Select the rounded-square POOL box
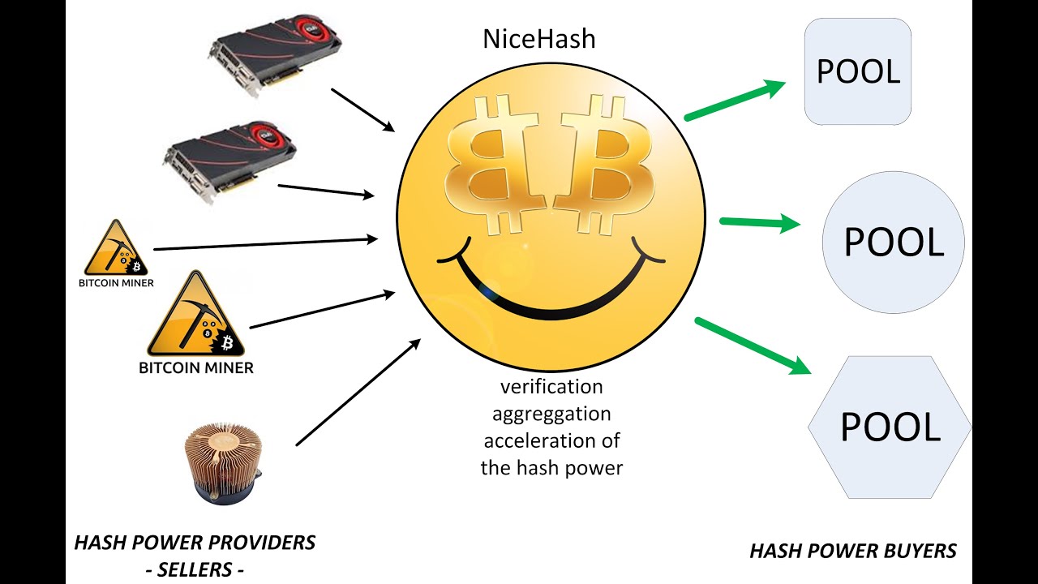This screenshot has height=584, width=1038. [x=858, y=71]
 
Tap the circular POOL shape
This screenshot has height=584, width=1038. [x=894, y=242]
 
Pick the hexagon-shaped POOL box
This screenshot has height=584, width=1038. [x=890, y=427]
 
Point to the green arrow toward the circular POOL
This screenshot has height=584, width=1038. [x=760, y=222]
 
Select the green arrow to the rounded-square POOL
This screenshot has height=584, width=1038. [x=735, y=101]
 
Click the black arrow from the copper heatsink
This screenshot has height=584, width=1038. [x=358, y=392]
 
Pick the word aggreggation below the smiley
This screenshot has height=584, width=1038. [x=551, y=414]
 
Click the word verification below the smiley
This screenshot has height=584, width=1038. [x=551, y=386]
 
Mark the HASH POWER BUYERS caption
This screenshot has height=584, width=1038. [x=853, y=552]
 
